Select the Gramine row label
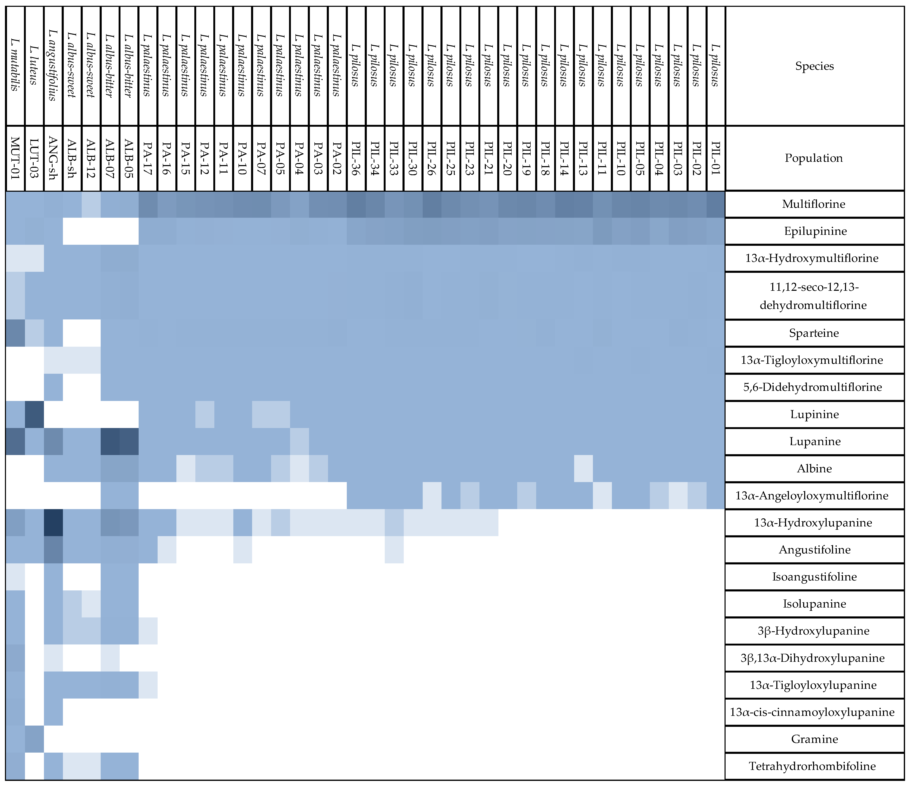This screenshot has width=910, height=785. pyautogui.click(x=814, y=739)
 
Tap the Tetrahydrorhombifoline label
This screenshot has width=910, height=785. pyautogui.click(x=814, y=766)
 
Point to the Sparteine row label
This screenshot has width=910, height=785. pyautogui.click(x=814, y=333)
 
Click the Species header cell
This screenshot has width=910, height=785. pyautogui.click(x=814, y=66)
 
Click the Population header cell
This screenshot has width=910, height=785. pyautogui.click(x=814, y=158)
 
